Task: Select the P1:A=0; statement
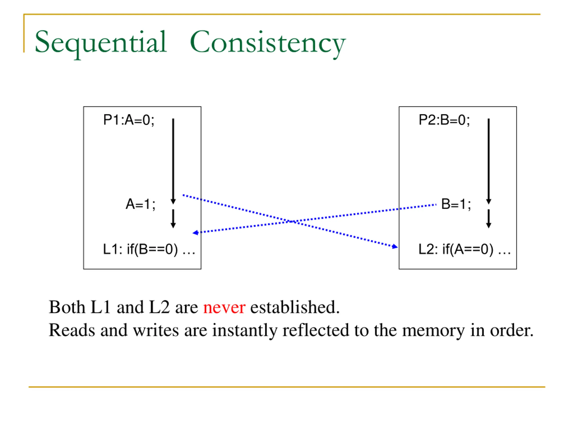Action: point(129,120)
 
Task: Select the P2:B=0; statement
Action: point(444,120)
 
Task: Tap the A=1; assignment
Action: point(140,204)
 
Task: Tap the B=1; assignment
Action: point(456,204)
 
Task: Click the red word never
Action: point(224,308)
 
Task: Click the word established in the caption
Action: point(295,308)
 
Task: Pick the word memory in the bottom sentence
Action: point(433,331)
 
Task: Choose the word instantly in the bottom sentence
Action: point(244,331)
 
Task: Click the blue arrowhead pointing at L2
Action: point(395,247)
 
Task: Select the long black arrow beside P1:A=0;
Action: point(173,161)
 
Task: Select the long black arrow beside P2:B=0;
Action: point(489,161)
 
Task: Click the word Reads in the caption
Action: point(72,331)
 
